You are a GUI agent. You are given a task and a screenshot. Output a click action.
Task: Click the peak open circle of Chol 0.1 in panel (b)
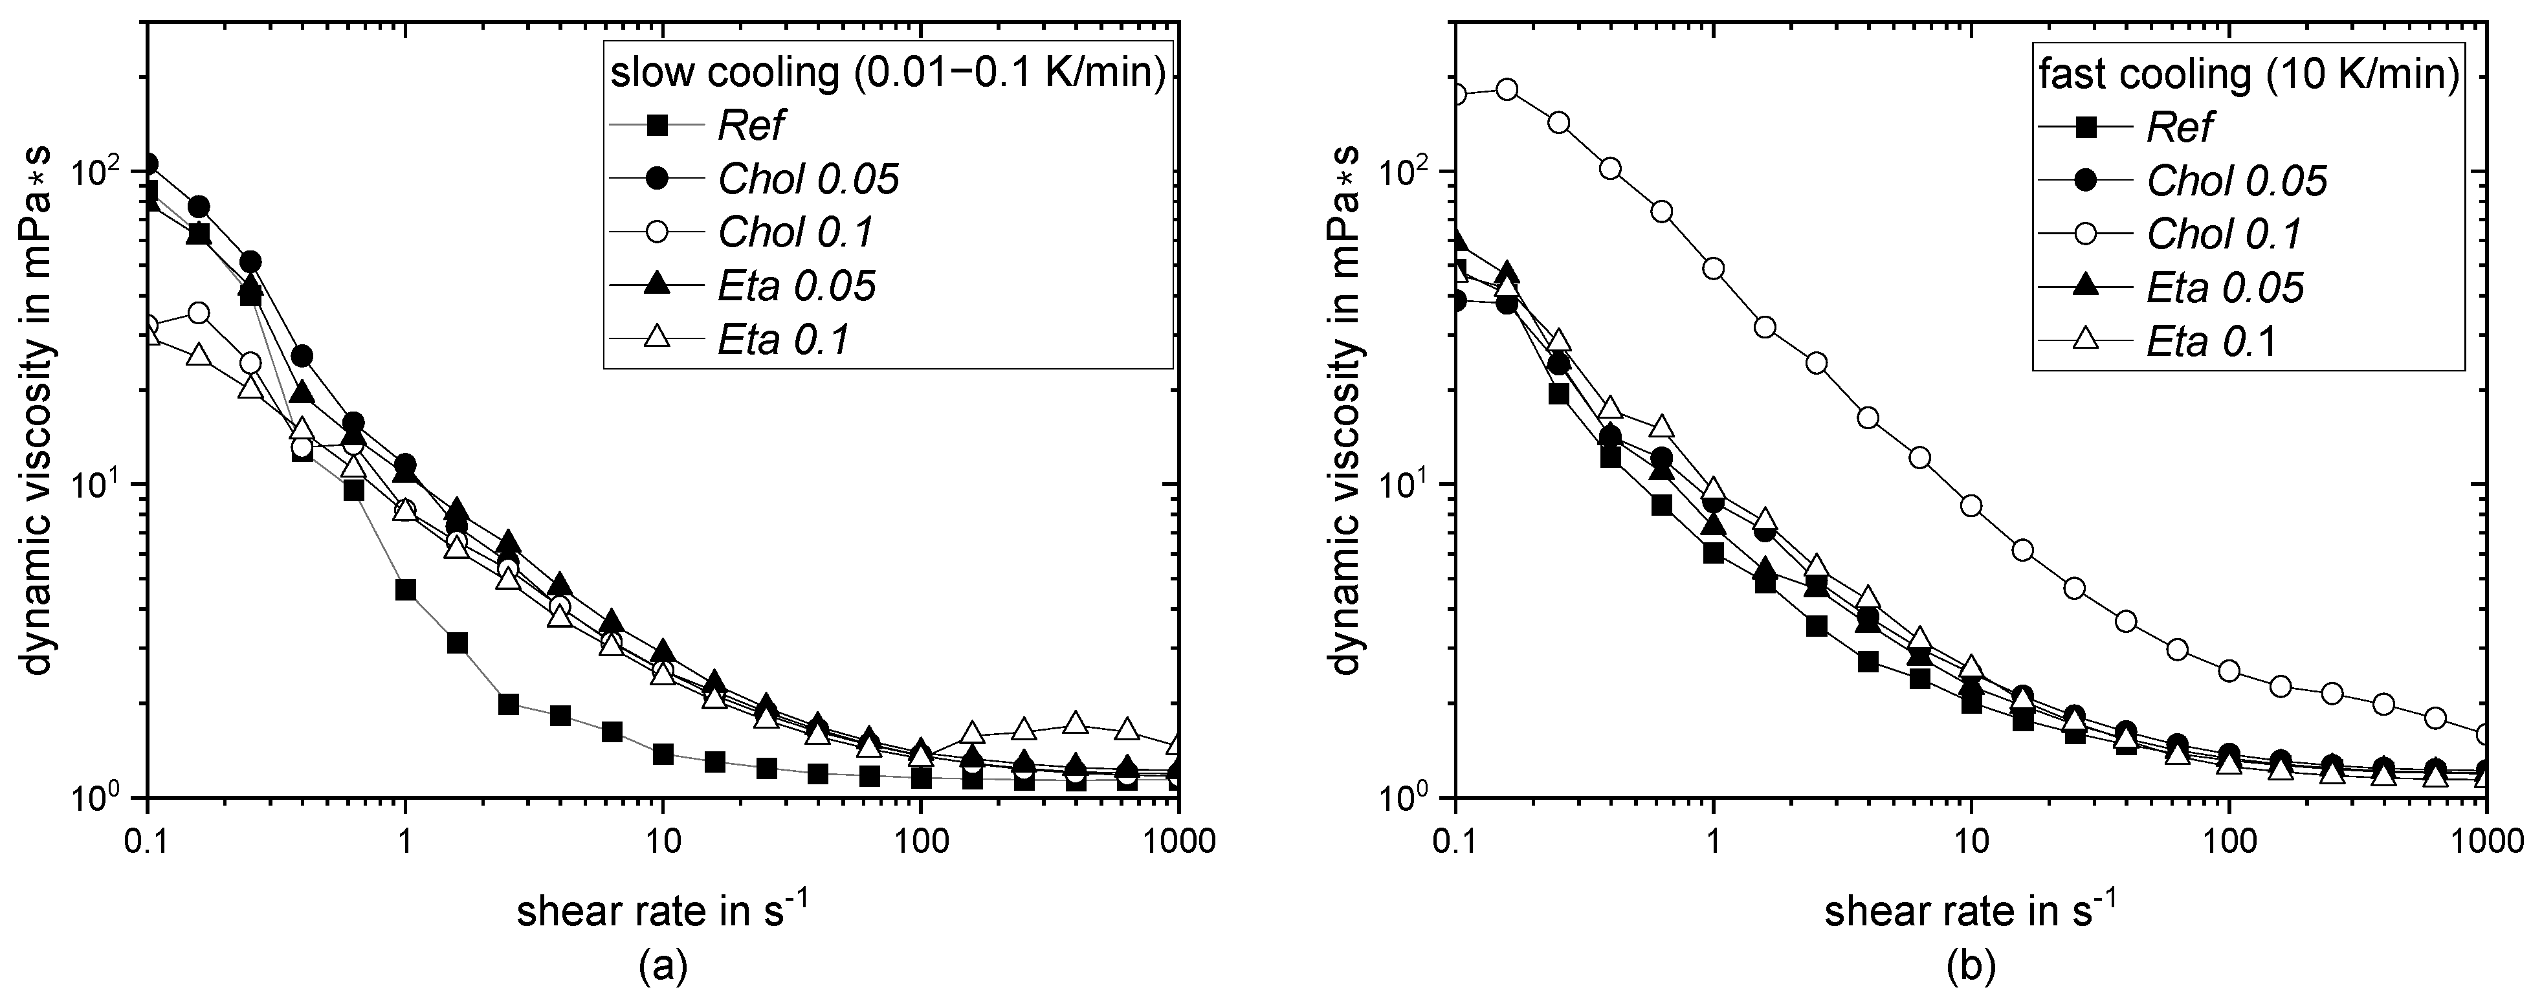coord(1507,90)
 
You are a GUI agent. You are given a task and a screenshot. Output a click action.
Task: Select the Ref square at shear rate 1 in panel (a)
coord(406,590)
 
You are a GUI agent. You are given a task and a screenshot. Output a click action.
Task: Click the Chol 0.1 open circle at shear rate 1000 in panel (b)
coord(2486,734)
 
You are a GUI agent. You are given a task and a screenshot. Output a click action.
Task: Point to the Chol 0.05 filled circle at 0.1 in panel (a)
coord(148,164)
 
